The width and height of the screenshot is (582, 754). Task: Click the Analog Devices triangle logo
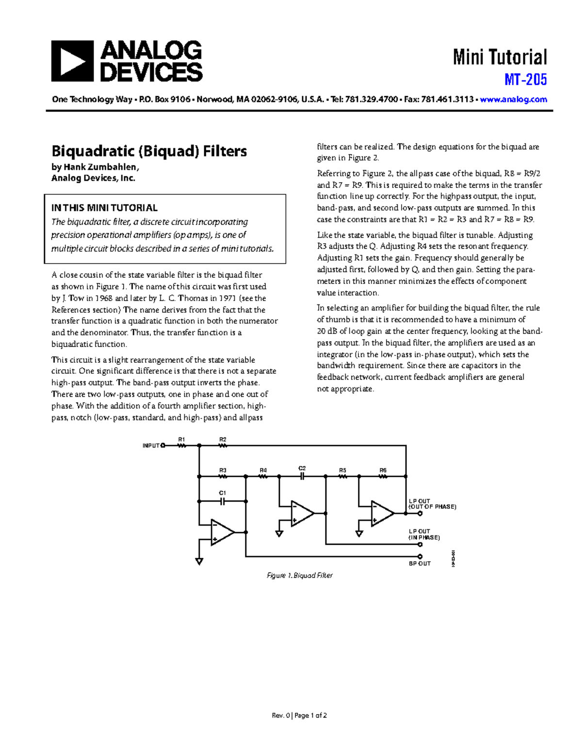click(x=72, y=61)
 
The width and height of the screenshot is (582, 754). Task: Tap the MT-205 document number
click(x=526, y=80)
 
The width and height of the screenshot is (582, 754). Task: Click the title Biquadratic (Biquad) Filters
click(x=149, y=151)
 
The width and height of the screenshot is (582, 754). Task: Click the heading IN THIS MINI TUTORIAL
click(x=104, y=208)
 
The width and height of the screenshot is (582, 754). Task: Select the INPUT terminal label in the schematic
click(x=151, y=445)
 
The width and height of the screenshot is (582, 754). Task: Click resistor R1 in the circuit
click(x=182, y=445)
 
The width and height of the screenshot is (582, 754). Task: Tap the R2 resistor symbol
click(x=223, y=445)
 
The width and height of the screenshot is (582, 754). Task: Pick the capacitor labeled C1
click(x=223, y=501)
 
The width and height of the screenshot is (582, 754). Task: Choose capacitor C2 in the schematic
click(x=302, y=476)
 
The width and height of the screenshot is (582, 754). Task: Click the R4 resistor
click(x=263, y=476)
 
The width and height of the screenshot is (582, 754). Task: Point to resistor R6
click(x=383, y=476)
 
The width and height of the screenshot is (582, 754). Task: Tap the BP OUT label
click(x=420, y=564)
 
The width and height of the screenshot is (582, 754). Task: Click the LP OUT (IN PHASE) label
click(x=423, y=535)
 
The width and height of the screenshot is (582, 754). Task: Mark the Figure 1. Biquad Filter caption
click(x=300, y=575)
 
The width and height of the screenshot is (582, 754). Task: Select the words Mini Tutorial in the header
click(x=500, y=57)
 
